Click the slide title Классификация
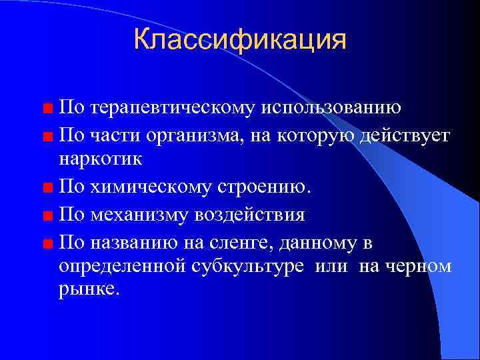pyautogui.click(x=240, y=39)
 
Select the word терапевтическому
pyautogui.click(x=169, y=108)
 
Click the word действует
pyautogui.click(x=405, y=136)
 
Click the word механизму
pyautogui.click(x=141, y=215)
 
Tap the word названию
pyautogui.click(x=137, y=241)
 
